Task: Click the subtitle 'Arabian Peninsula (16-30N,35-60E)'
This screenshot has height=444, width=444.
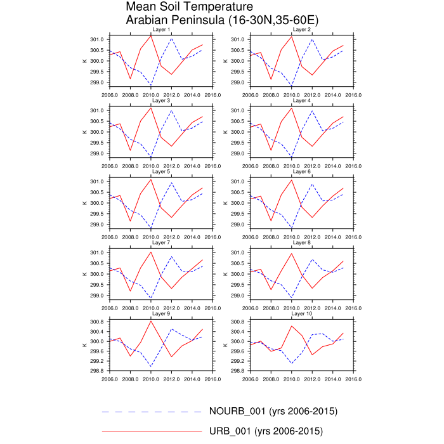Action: click(222, 20)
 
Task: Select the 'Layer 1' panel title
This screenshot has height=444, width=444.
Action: click(161, 30)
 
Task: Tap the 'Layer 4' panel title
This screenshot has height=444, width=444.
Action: click(301, 101)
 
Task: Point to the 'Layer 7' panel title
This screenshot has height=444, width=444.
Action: click(161, 243)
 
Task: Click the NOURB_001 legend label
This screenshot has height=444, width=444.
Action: click(273, 412)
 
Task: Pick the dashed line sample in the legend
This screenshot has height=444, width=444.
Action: click(152, 412)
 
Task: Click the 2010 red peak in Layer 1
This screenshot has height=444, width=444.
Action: click(151, 36)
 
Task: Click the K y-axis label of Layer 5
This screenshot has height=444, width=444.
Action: click(85, 203)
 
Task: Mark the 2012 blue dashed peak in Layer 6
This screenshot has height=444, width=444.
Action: click(312, 184)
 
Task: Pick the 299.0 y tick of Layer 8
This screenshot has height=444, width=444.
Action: click(237, 296)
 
